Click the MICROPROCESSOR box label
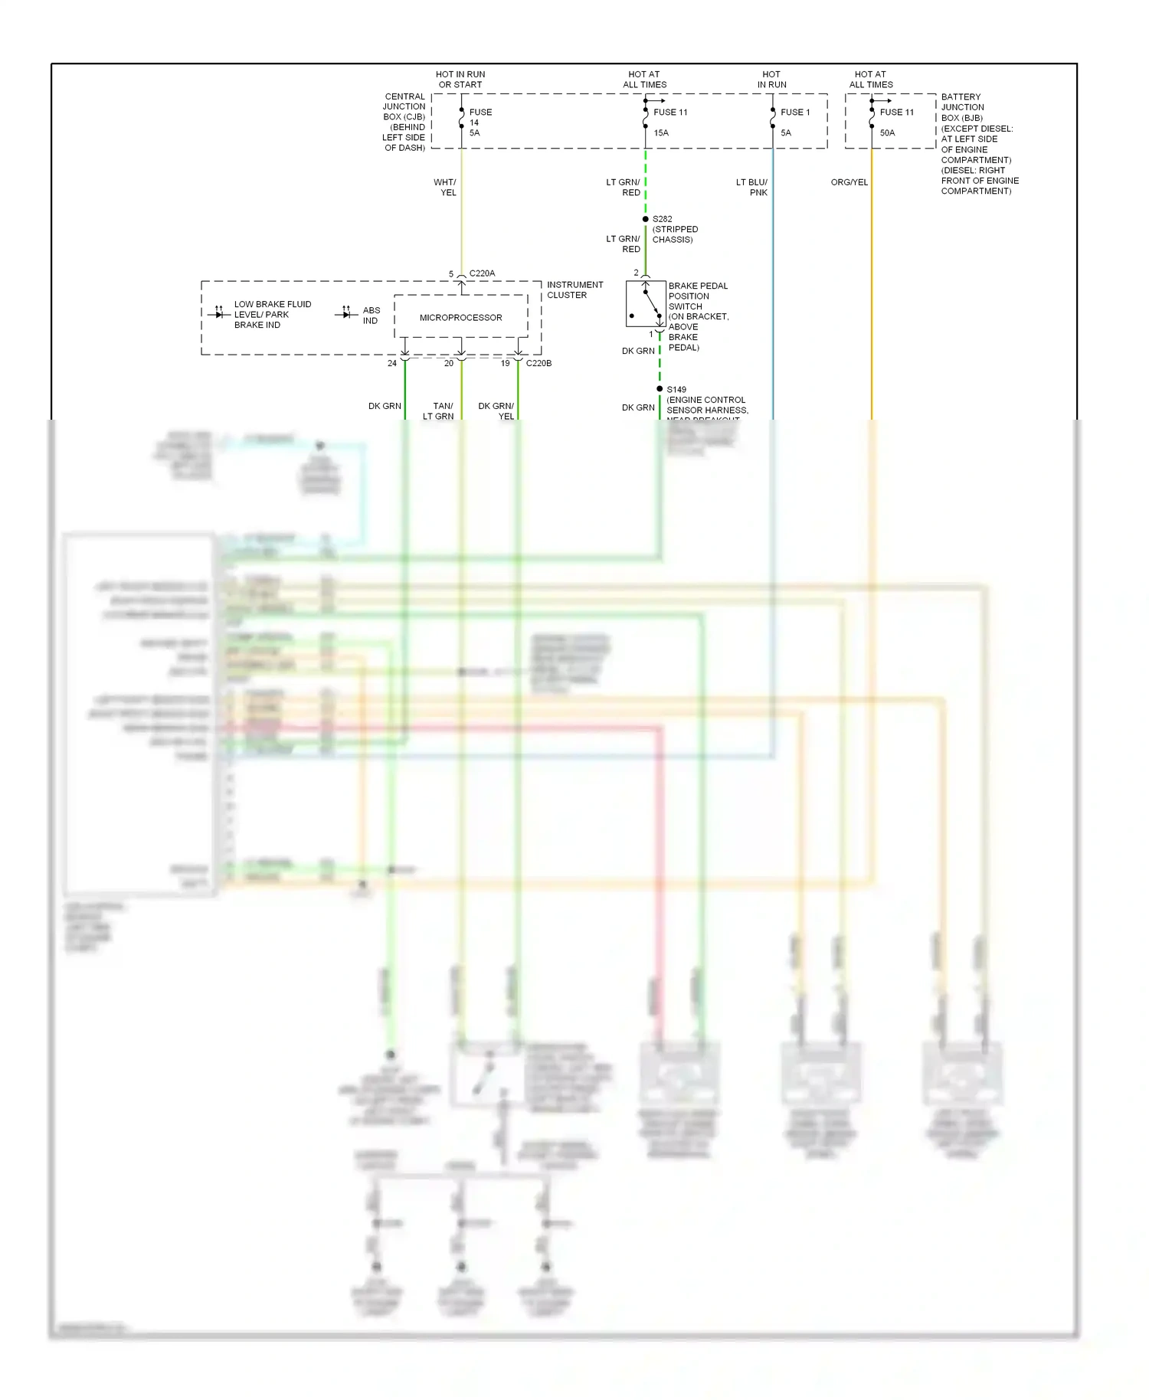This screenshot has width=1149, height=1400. pyautogui.click(x=460, y=318)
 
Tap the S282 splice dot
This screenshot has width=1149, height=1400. pyautogui.click(x=646, y=219)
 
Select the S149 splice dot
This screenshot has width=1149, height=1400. pyautogui.click(x=660, y=389)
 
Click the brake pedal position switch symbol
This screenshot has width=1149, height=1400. pyautogui.click(x=646, y=304)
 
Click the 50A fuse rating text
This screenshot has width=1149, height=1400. pyautogui.click(x=887, y=133)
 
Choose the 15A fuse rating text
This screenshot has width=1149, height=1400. pyautogui.click(x=661, y=133)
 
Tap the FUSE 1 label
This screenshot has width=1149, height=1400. pyautogui.click(x=795, y=113)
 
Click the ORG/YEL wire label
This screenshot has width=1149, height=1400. pyautogui.click(x=849, y=182)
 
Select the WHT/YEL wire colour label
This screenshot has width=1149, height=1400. pyautogui.click(x=445, y=188)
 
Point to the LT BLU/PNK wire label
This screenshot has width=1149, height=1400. pyautogui.click(x=751, y=188)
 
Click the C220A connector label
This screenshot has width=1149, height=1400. pyautogui.click(x=482, y=273)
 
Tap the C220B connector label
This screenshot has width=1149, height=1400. pyautogui.click(x=538, y=363)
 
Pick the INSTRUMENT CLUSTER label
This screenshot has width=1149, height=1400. pyautogui.click(x=574, y=289)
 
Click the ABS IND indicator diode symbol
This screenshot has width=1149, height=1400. pyautogui.click(x=346, y=313)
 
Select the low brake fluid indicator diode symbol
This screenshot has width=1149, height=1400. pyautogui.click(x=219, y=313)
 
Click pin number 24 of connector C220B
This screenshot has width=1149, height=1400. pyautogui.click(x=392, y=363)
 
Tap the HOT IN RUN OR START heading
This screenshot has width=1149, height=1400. pyautogui.click(x=460, y=80)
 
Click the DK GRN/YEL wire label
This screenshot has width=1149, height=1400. pyautogui.click(x=496, y=411)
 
